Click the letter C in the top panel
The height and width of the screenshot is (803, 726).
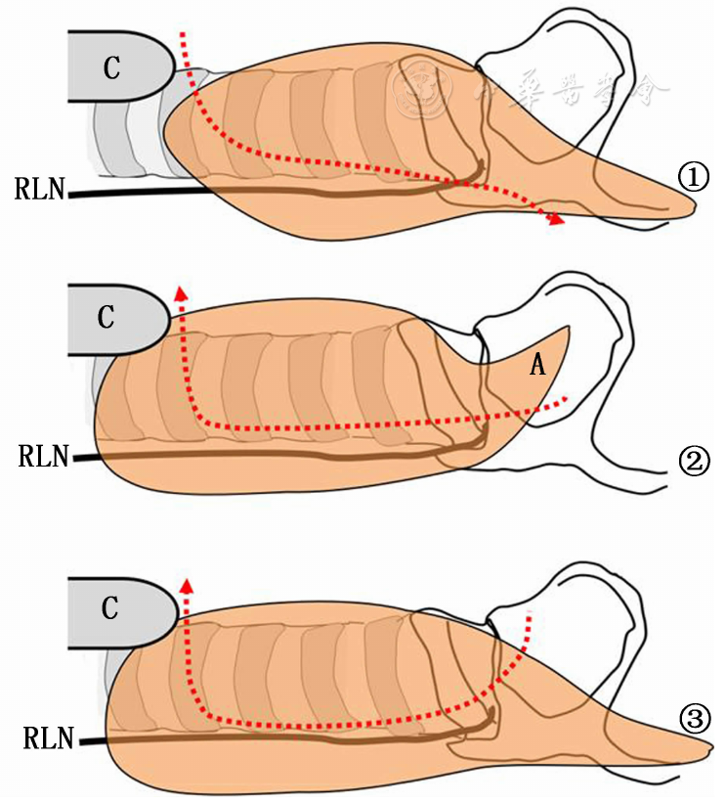111,67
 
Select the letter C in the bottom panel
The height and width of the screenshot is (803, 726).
109,607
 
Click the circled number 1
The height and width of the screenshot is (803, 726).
691,177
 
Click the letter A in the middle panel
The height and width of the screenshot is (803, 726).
536,365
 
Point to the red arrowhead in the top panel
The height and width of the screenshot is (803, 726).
556,220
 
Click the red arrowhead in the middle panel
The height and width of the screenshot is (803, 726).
179,291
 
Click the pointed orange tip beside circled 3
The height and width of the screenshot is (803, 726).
707,750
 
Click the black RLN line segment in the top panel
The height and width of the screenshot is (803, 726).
137,193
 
